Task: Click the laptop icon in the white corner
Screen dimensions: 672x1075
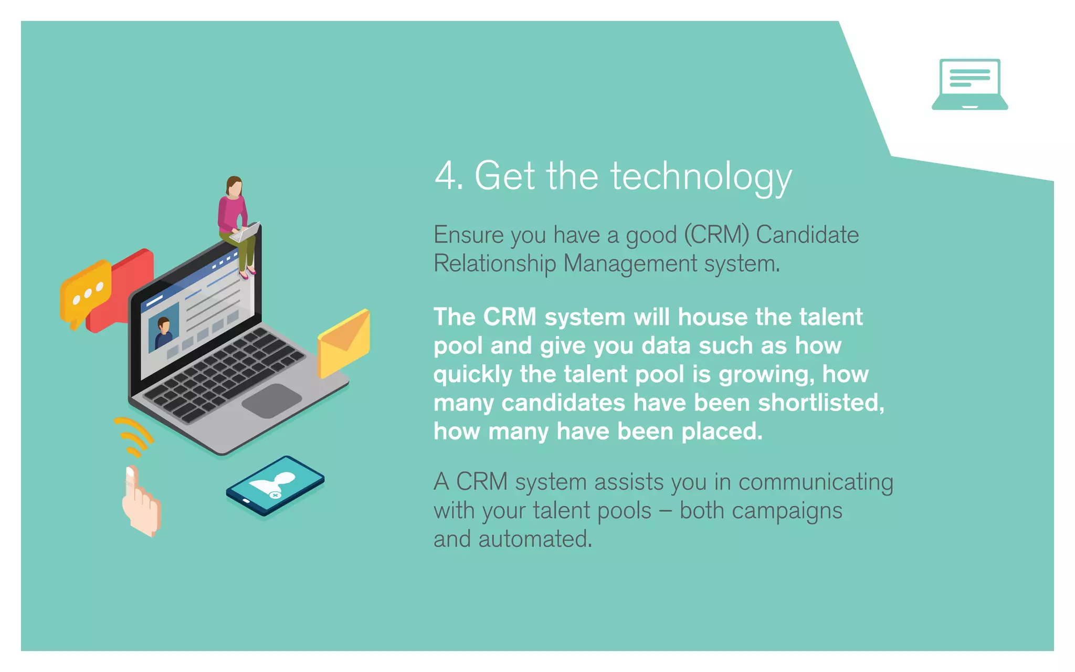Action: [x=969, y=84]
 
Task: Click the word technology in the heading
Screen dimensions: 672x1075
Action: [x=701, y=177]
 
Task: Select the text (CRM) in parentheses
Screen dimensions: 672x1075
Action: [x=716, y=235]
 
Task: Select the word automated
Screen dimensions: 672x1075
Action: [x=535, y=539]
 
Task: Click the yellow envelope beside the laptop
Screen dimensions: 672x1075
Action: [x=344, y=343]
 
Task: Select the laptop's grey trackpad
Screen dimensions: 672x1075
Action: [x=271, y=401]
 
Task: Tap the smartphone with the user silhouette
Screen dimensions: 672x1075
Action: [x=275, y=485]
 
